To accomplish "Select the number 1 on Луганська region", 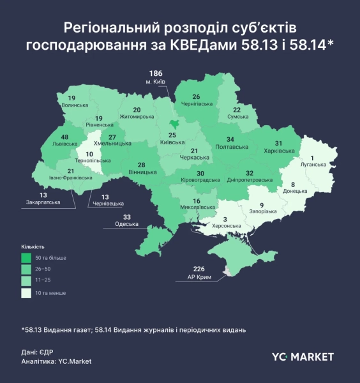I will [x=313, y=158].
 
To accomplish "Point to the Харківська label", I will [x=278, y=151].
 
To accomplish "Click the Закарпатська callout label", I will [x=43, y=202].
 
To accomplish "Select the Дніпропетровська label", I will [x=250, y=181].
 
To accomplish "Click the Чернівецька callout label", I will [x=107, y=205].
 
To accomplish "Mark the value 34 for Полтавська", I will [x=230, y=139].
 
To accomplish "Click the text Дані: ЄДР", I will [x=37, y=352].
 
